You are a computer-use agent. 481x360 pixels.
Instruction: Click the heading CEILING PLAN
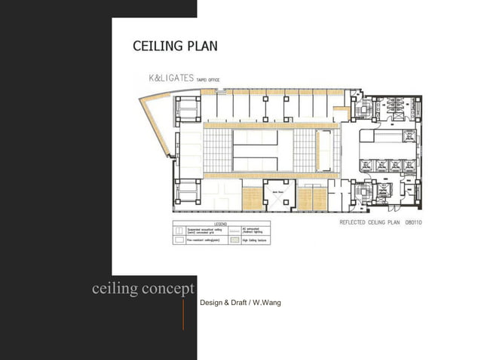(x=175, y=46)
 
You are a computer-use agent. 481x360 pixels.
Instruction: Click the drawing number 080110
(x=413, y=223)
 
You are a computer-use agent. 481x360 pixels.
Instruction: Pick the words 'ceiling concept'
(x=143, y=289)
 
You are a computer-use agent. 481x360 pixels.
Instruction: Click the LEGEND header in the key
(x=222, y=223)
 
